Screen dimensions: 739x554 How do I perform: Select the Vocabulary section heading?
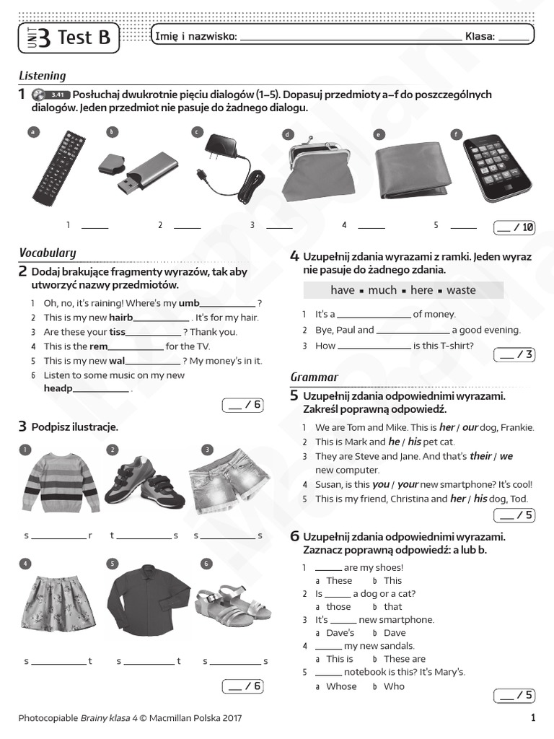tap(47, 253)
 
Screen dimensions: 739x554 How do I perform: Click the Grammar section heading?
tap(314, 377)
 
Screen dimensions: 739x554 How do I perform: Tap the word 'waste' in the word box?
tap(461, 290)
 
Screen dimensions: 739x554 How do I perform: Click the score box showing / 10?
tap(514, 227)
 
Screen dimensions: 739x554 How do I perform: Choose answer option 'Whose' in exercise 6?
tap(341, 686)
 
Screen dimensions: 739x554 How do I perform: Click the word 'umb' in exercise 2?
tap(189, 303)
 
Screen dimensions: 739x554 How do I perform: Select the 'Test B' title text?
tap(84, 38)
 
